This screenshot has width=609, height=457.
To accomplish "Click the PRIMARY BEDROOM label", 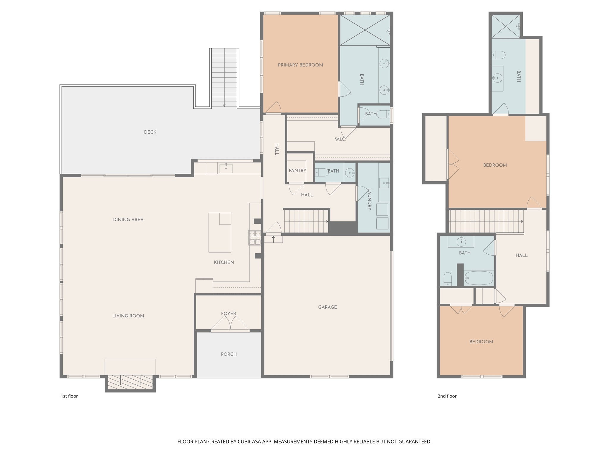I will click(300, 65).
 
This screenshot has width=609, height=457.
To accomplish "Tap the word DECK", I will click(150, 132).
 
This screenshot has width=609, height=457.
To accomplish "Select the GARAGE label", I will click(327, 307).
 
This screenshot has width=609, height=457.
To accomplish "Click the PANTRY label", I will click(297, 170).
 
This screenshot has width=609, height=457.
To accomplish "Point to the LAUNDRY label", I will click(370, 199).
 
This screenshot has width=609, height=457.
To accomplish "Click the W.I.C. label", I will click(340, 139).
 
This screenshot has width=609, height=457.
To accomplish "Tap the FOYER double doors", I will click(230, 323).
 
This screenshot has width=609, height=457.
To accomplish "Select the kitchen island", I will click(220, 233).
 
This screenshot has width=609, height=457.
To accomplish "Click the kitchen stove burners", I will click(255, 238).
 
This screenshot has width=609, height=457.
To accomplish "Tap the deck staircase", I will click(224, 77).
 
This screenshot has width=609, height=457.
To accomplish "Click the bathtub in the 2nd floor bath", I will click(478, 278).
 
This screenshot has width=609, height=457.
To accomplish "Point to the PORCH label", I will click(229, 354).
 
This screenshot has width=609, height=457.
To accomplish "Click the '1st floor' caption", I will click(69, 396).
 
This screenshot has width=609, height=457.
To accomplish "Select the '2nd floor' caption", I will click(447, 396).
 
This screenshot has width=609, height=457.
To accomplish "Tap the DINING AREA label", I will click(128, 220).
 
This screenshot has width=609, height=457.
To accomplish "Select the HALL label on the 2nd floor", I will click(521, 255).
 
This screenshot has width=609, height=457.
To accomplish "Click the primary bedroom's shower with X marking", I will click(365, 30).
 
